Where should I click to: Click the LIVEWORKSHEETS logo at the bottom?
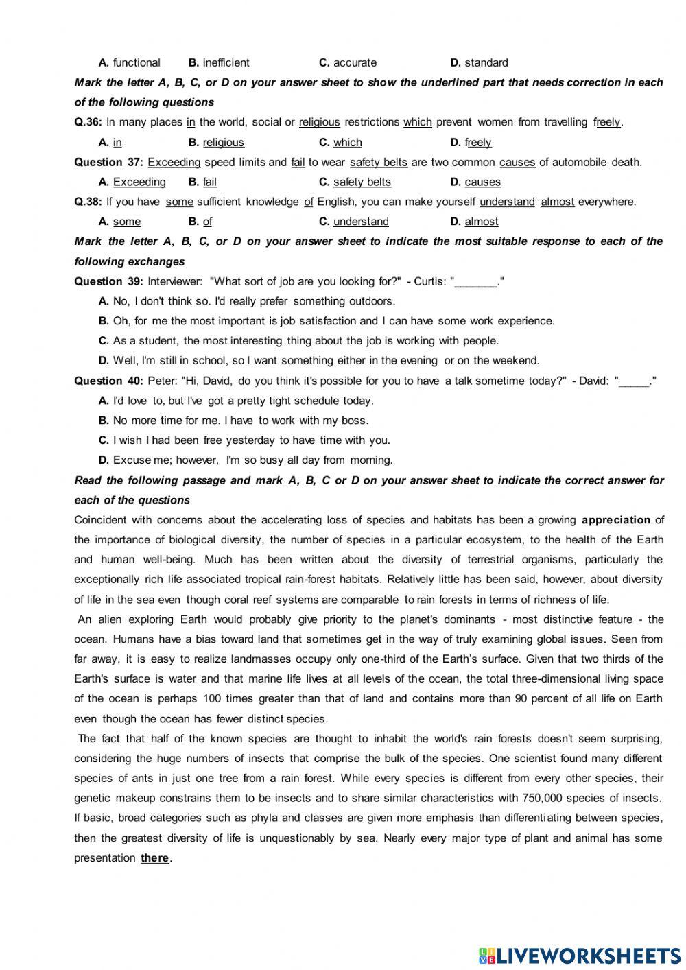tap(580, 955)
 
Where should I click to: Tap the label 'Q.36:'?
tap(88, 122)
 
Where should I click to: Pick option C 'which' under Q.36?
tap(347, 142)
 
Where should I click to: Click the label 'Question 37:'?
tap(108, 162)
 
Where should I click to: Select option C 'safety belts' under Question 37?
tap(362, 182)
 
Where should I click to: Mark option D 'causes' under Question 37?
tap(482, 182)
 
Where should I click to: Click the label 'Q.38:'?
tap(88, 202)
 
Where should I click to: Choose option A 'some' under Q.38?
tap(126, 222)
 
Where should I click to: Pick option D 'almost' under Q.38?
tap(481, 222)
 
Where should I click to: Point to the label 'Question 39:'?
tap(108, 281)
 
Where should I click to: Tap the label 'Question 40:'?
tap(108, 381)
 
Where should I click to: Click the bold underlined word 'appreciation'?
tap(615, 520)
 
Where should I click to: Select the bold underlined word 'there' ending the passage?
tap(154, 858)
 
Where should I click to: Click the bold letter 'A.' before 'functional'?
tap(104, 62)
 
